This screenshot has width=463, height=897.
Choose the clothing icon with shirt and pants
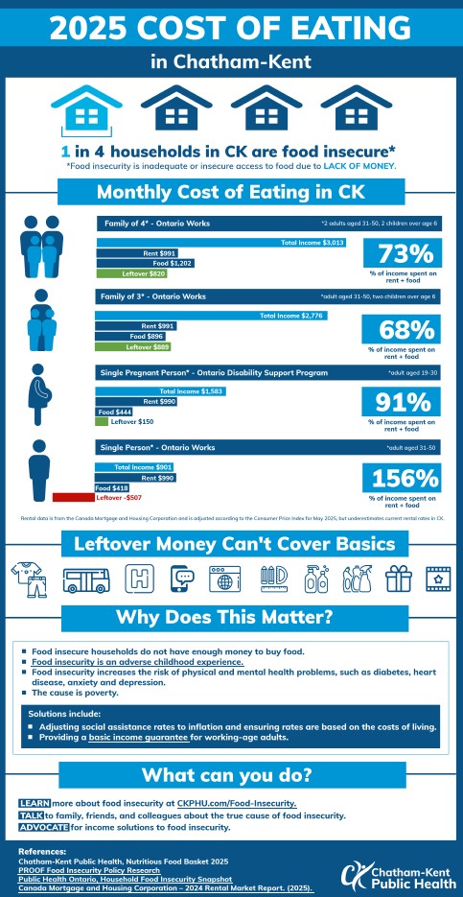coord(28,578)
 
